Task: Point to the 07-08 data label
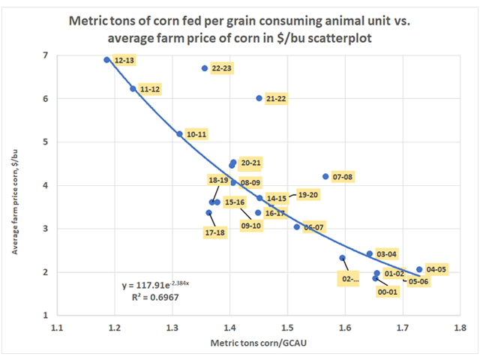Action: pyautogui.click(x=344, y=177)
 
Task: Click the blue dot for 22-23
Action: pyautogui.click(x=204, y=68)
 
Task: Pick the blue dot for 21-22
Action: pyautogui.click(x=259, y=98)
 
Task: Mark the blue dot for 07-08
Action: pyautogui.click(x=325, y=177)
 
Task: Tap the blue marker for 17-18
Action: pyautogui.click(x=209, y=213)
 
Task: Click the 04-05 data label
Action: pyautogui.click(x=437, y=269)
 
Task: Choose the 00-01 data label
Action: pyautogui.click(x=387, y=292)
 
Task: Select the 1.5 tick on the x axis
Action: pyautogui.click(x=287, y=328)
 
